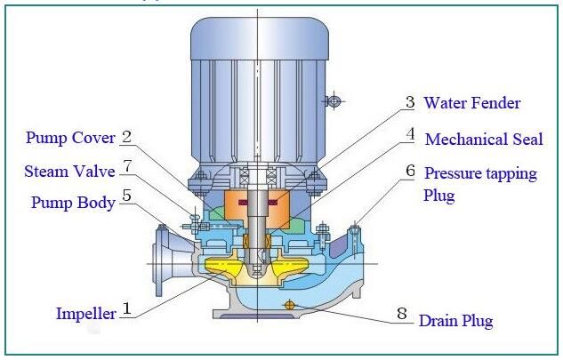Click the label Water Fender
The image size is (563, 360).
pos(471,103)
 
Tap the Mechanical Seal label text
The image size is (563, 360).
pos(483,140)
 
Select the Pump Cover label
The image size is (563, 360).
pos(70,138)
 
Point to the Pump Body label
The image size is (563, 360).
pos(72,204)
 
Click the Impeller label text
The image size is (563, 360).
pos(86,313)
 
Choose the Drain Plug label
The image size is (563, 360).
pos(455,320)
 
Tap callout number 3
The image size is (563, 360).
pos(409,103)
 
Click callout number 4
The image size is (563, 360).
pos(410,136)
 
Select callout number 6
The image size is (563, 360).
pos(410,170)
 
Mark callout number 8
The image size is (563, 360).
pos(401,315)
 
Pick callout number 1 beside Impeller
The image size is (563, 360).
pos(127,309)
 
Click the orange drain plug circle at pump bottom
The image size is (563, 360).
pos(289,306)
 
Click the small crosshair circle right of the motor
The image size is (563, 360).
pos(334,101)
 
